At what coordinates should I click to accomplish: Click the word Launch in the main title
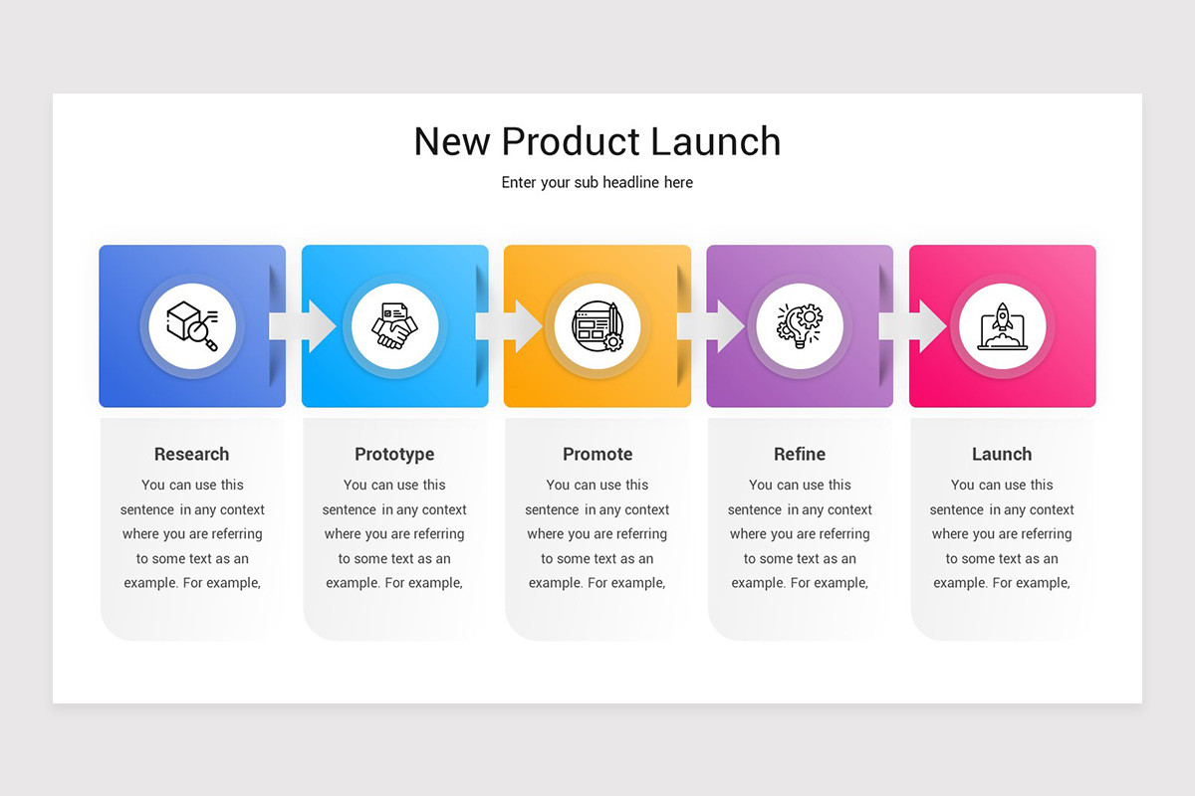coord(716,141)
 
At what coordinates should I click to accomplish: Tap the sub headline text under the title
coord(597,182)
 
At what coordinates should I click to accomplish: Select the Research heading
coord(192,454)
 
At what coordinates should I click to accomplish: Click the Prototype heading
coord(394,454)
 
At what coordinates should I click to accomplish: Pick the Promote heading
coord(597,454)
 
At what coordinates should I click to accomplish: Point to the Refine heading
coord(800,454)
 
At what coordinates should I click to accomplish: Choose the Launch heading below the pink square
coord(1002,454)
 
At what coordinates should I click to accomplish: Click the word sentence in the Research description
coord(147,509)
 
